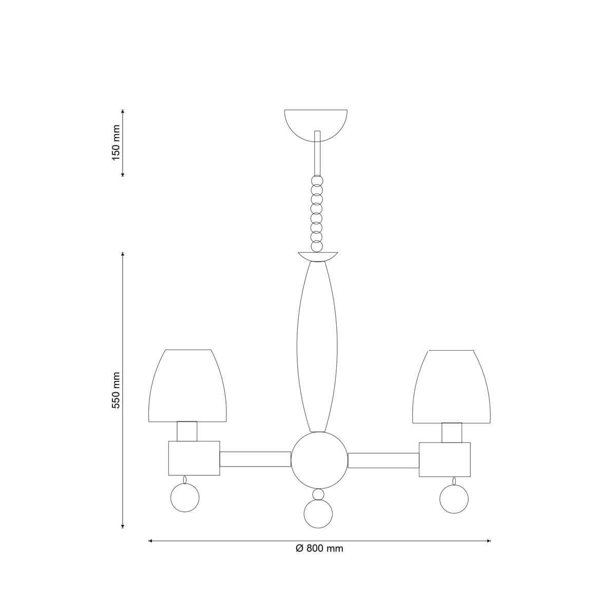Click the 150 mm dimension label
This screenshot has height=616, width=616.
116,143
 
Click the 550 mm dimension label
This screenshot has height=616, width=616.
116,390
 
